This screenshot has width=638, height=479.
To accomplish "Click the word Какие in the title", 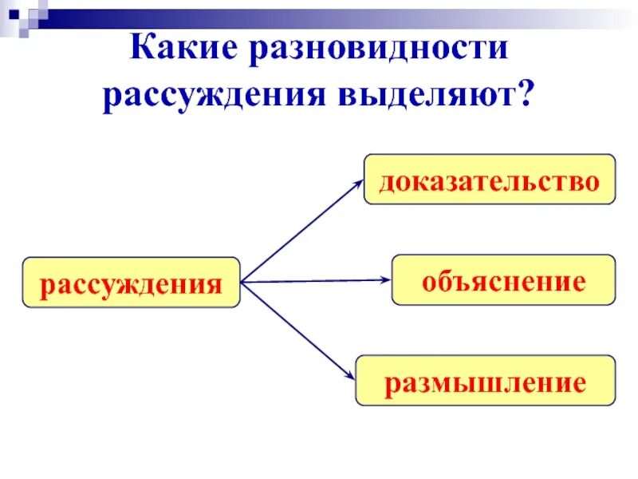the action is [x=184, y=49].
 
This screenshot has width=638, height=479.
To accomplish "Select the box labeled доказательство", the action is [x=490, y=180].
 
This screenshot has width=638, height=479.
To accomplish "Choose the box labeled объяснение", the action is [x=503, y=279].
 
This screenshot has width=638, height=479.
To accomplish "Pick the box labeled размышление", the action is [x=486, y=381].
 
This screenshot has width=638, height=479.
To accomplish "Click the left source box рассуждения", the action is [x=132, y=283].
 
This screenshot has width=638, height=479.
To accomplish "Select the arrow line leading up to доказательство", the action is [x=299, y=232].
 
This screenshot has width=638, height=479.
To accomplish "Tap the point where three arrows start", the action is [x=242, y=282].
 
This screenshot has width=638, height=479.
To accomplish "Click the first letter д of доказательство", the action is [x=387, y=181].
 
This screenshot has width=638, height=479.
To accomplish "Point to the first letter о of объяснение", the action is [x=428, y=283].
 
